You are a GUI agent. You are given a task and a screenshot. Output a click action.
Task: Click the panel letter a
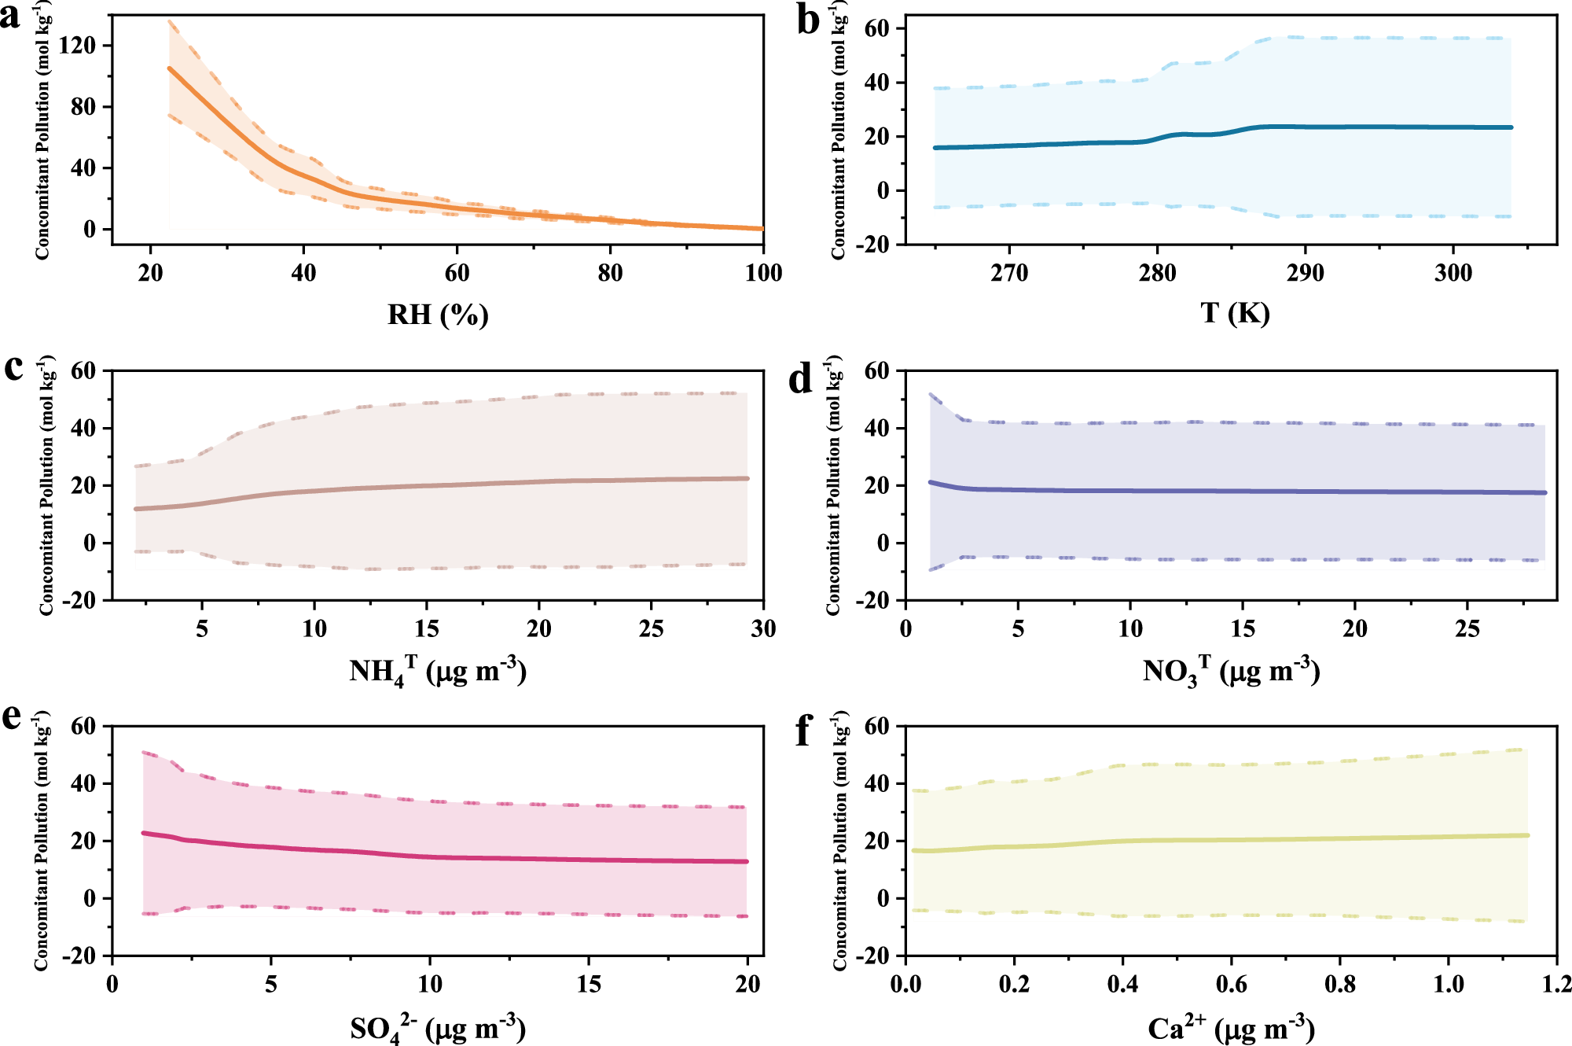pyautogui.click(x=11, y=16)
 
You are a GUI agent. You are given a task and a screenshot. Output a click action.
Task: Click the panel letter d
pyautogui.click(x=800, y=379)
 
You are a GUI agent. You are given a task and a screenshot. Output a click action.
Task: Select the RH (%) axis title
pyautogui.click(x=438, y=315)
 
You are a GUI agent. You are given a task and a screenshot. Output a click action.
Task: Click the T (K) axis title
pyautogui.click(x=1235, y=313)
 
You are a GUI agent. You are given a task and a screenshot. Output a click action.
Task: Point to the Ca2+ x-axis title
pyautogui.click(x=1231, y=1027)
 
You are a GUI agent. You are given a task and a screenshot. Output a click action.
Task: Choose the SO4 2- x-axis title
pyautogui.click(x=438, y=1028)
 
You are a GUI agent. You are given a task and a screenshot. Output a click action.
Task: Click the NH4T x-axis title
pyautogui.click(x=438, y=671)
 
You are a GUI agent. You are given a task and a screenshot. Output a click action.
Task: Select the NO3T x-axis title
pyautogui.click(x=1231, y=671)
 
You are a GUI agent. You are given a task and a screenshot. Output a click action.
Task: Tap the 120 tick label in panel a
pyautogui.click(x=77, y=46)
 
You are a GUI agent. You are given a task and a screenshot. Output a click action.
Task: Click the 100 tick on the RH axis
pyautogui.click(x=763, y=273)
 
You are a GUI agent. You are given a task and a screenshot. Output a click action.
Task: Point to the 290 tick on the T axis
pyautogui.click(x=1305, y=273)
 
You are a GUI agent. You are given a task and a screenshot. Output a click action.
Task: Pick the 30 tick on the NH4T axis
pyautogui.click(x=763, y=628)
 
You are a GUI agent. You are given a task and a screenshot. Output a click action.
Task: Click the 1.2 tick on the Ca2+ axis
pyautogui.click(x=1556, y=984)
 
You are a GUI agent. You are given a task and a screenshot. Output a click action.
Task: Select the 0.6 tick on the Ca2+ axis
pyautogui.click(x=1231, y=984)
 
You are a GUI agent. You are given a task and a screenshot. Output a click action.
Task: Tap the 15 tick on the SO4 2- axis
pyautogui.click(x=589, y=984)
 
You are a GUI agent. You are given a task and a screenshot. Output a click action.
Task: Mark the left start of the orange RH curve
pyautogui.click(x=169, y=68)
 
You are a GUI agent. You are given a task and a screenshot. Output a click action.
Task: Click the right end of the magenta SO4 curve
pyautogui.click(x=746, y=861)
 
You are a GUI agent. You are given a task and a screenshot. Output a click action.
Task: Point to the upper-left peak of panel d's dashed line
pyautogui.click(x=931, y=395)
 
